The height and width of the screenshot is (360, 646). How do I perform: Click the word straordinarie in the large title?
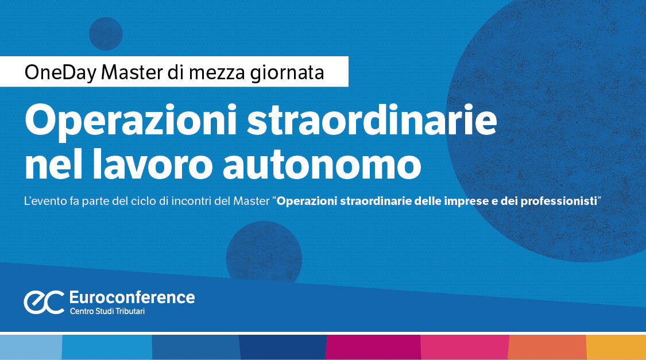pos(372,121)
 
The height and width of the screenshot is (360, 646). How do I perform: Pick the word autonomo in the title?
pos(321,165)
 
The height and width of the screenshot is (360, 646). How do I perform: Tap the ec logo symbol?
pos(44,302)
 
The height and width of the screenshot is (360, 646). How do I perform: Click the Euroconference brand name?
pos(131,297)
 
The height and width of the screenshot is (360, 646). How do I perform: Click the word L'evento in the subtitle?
pos(43,202)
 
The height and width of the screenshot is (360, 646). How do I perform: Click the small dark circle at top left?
pos(106,34)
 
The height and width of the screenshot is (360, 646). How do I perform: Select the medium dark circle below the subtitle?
pos(264,253)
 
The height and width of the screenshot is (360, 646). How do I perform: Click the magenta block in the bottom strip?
pos(373,347)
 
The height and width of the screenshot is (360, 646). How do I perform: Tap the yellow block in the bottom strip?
pos(616,347)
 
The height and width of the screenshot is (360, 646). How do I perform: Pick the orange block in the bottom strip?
pos(547,347)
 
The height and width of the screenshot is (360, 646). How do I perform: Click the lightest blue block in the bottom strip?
pos(30,347)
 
